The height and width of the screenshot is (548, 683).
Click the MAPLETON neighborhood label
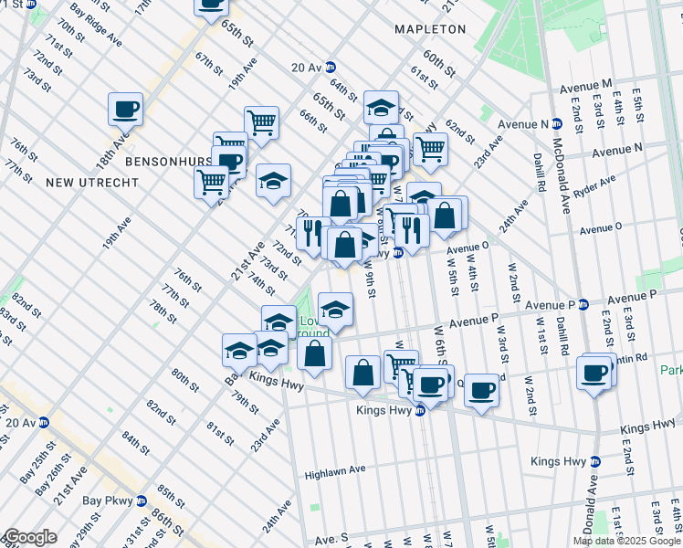click(x=430, y=29)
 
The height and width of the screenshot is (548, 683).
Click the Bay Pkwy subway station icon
click(x=141, y=501)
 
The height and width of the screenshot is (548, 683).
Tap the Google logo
click(x=30, y=536)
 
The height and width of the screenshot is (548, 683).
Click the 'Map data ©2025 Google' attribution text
click(x=626, y=541)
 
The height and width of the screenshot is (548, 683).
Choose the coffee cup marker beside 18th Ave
click(x=126, y=110)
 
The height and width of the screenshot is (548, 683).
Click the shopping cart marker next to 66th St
click(x=261, y=121)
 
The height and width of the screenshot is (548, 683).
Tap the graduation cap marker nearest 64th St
click(x=381, y=108)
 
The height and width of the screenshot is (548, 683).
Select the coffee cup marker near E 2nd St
click(x=594, y=374)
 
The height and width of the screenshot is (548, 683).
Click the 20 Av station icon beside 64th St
click(x=330, y=67)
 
